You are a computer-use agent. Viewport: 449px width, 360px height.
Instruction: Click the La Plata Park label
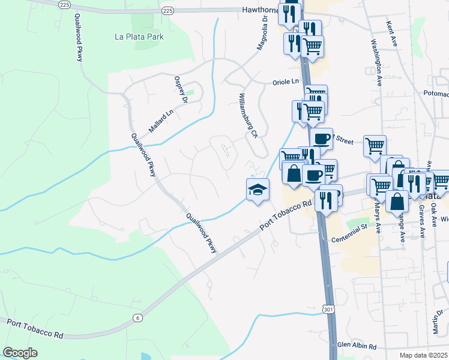139,37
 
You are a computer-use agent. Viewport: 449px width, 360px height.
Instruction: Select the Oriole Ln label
285,82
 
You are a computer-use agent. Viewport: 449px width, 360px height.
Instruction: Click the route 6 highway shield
137,317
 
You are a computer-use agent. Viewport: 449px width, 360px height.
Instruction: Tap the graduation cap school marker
258,189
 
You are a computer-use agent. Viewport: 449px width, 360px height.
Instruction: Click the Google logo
20,353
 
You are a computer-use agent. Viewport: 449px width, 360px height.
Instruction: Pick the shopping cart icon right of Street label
375,145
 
